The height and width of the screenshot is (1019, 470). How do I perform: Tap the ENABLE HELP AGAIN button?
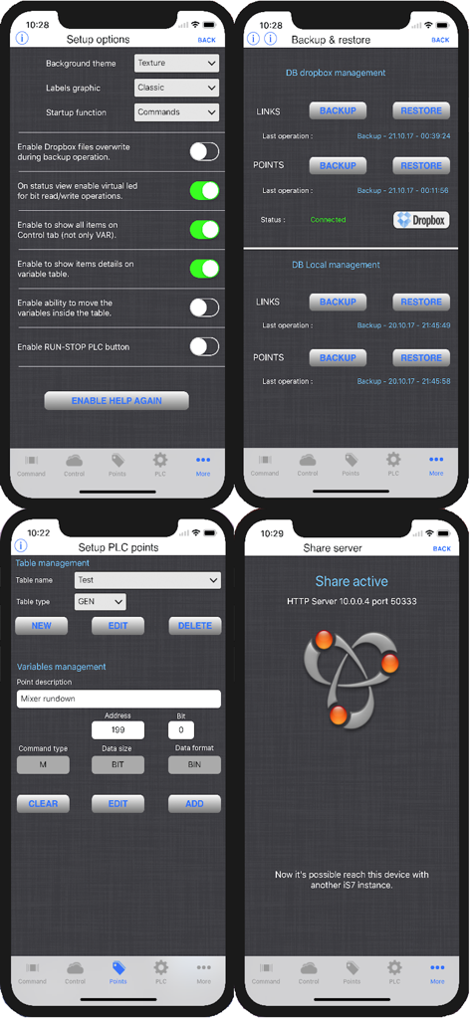click(x=117, y=400)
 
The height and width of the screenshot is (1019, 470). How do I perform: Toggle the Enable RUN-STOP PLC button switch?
click(x=204, y=346)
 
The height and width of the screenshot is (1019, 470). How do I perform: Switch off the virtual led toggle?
click(x=204, y=190)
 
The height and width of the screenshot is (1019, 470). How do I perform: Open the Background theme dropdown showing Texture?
click(x=176, y=63)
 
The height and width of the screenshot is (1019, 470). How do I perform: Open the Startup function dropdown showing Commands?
click(x=176, y=112)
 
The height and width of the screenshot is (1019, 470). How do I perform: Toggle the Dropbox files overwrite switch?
click(x=204, y=151)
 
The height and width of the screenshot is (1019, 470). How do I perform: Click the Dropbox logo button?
click(x=421, y=220)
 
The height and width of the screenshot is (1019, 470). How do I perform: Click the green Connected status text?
click(x=328, y=220)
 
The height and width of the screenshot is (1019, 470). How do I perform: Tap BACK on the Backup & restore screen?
click(x=440, y=40)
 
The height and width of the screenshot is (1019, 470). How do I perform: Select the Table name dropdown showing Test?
click(x=147, y=580)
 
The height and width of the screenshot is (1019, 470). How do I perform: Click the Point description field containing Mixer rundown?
click(x=118, y=700)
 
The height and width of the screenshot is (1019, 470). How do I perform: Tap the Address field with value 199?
click(x=117, y=730)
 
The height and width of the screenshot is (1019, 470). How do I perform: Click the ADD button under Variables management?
click(x=194, y=803)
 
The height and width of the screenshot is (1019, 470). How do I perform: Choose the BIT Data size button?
click(x=117, y=764)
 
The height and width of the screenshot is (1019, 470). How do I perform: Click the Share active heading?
click(x=352, y=581)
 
